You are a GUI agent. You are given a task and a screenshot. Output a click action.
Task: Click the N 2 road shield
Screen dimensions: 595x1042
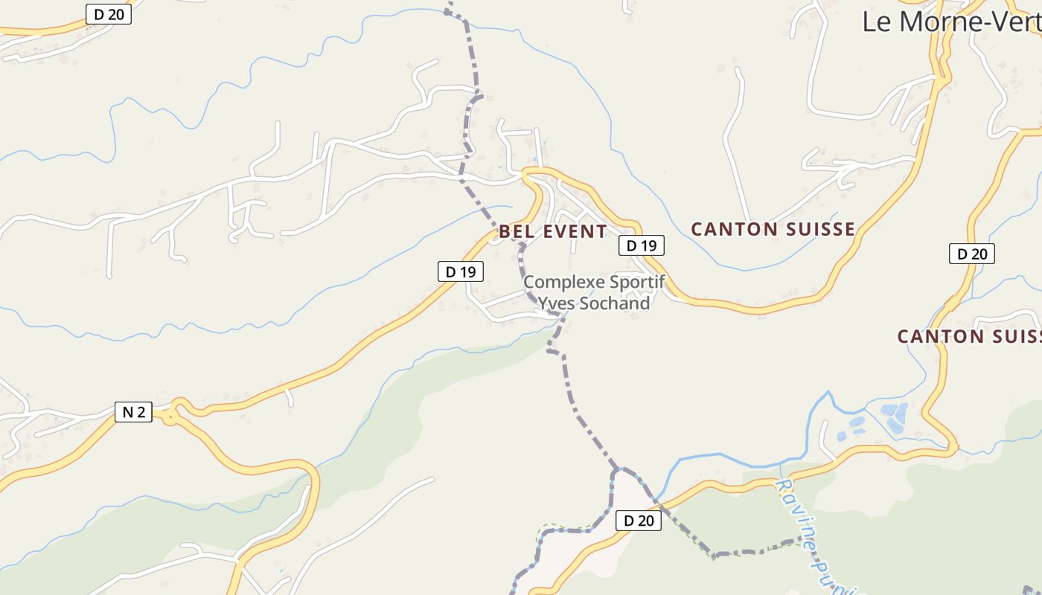[x=133, y=411]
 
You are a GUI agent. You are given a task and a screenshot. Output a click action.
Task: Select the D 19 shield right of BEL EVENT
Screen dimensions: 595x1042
[x=641, y=245]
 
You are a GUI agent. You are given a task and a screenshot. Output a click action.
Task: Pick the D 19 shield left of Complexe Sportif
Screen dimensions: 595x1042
[x=460, y=271]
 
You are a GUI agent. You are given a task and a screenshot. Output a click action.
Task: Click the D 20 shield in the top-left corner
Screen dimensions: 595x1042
[x=108, y=13]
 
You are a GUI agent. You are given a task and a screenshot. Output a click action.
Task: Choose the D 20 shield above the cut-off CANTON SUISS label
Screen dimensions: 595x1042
[x=971, y=254]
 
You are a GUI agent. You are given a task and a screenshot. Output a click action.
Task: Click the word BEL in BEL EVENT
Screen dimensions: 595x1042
[x=517, y=231]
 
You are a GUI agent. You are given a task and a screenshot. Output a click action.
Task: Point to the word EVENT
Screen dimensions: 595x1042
[x=575, y=231]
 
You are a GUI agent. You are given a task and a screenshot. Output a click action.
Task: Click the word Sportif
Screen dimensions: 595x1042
[x=636, y=283]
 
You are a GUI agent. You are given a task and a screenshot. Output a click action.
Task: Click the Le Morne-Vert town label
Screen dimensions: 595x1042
[x=951, y=21]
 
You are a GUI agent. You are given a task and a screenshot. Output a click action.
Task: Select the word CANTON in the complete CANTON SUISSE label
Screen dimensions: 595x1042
[x=734, y=229]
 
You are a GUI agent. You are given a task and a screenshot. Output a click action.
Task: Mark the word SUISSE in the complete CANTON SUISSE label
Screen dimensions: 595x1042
[x=819, y=229]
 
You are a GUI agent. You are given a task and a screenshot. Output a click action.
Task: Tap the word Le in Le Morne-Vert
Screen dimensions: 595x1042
[x=876, y=21]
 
